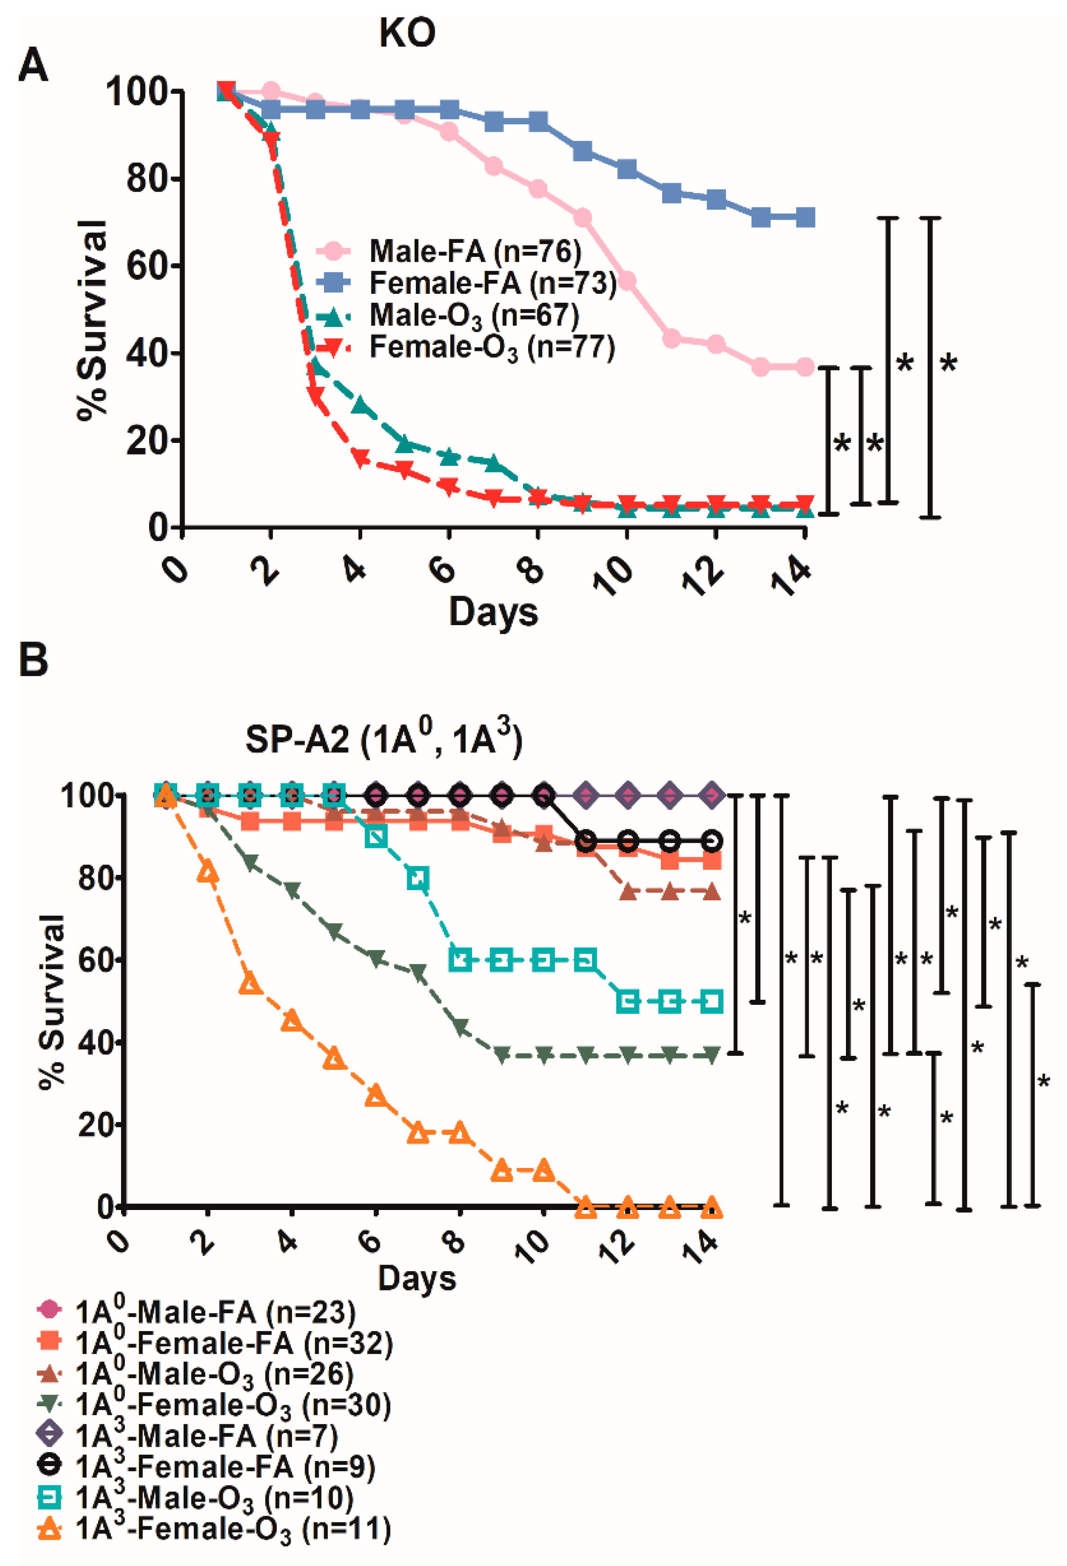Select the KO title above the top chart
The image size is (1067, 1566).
click(x=407, y=32)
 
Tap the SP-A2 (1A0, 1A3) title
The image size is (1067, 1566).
click(x=384, y=739)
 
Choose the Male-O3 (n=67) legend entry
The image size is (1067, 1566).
click(x=448, y=315)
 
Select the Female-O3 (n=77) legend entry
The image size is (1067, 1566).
click(x=465, y=348)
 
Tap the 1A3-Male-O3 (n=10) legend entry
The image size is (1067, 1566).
click(x=195, y=1497)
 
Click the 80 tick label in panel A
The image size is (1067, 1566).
click(x=145, y=179)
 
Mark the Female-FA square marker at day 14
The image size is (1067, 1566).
click(x=805, y=218)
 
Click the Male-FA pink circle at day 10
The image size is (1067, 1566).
click(x=627, y=281)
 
